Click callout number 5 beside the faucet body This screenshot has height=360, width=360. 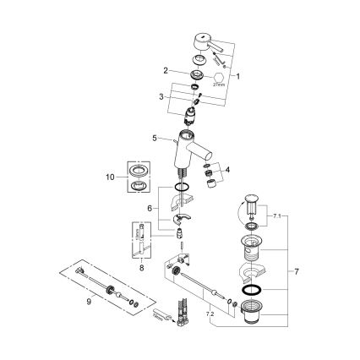[x=154, y=137]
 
